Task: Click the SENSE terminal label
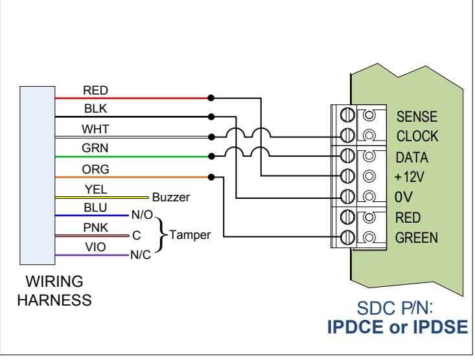(x=417, y=117)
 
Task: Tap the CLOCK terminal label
(x=417, y=136)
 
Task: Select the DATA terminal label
(x=412, y=157)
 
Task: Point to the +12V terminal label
(x=410, y=177)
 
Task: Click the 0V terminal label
(x=403, y=197)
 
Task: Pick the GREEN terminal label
(x=417, y=238)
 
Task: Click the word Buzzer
(x=171, y=197)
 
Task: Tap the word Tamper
(x=190, y=235)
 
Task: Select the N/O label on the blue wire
(x=142, y=215)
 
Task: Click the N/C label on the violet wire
(x=141, y=255)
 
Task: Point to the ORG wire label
(x=95, y=169)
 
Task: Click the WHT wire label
(x=95, y=129)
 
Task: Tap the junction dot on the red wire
(x=211, y=98)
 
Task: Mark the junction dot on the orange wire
(x=211, y=177)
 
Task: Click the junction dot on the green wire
(x=211, y=156)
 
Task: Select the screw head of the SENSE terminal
(x=347, y=115)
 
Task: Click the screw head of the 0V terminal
(x=347, y=196)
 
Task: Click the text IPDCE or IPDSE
(x=397, y=327)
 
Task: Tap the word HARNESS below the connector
(x=54, y=300)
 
